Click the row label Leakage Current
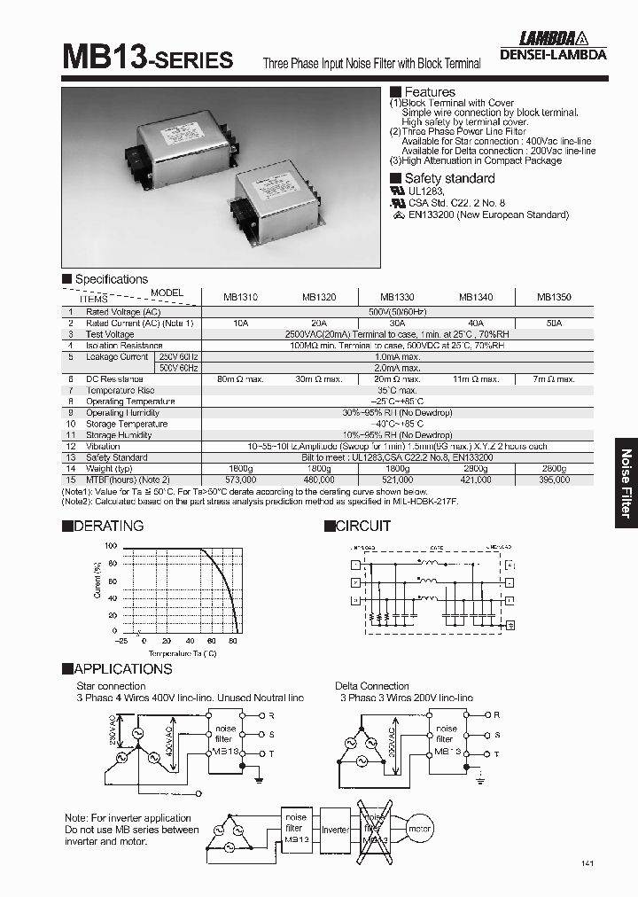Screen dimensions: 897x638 pyautogui.click(x=117, y=356)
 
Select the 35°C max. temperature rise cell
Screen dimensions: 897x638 pyautogui.click(x=398, y=390)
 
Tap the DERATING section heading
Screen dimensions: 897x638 pyautogui.click(x=103, y=526)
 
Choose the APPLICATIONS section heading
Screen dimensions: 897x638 pyautogui.click(x=117, y=669)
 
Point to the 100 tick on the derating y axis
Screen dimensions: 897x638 pyautogui.click(x=110, y=546)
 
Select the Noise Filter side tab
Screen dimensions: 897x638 pyautogui.click(x=626, y=482)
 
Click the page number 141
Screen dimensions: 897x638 pyautogui.click(x=588, y=863)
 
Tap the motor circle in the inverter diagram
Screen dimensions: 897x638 pyautogui.click(x=417, y=830)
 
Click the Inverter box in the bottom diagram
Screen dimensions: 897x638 pyautogui.click(x=335, y=830)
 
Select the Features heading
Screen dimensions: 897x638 pyautogui.click(x=429, y=92)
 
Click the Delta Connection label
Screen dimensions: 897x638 pyautogui.click(x=372, y=686)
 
